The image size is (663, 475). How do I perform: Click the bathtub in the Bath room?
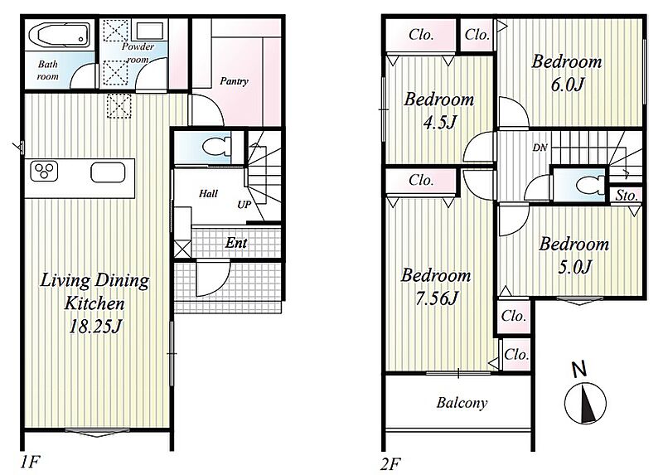pyautogui.click(x=59, y=36)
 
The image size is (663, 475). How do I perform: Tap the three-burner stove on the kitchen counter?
pyautogui.click(x=44, y=171)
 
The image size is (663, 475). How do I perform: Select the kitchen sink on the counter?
pyautogui.click(x=108, y=172)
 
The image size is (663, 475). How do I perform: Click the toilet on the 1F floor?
pyautogui.click(x=216, y=148)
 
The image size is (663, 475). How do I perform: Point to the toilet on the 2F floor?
pyautogui.click(x=591, y=185)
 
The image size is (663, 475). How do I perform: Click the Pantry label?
pyautogui.click(x=234, y=80)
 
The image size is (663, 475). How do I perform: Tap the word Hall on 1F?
pyautogui.click(x=208, y=194)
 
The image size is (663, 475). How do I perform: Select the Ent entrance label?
pyautogui.click(x=236, y=242)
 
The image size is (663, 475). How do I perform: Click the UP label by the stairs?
pyautogui.click(x=244, y=205)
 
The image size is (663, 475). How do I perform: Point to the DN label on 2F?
pyautogui.click(x=540, y=148)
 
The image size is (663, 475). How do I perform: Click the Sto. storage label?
pyautogui.click(x=627, y=196)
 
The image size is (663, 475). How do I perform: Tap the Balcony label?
pyautogui.click(x=462, y=402)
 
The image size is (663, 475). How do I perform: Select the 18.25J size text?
pyautogui.click(x=95, y=326)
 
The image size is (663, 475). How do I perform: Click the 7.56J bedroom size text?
pyautogui.click(x=437, y=298)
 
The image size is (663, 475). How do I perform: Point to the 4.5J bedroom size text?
pyautogui.click(x=440, y=123)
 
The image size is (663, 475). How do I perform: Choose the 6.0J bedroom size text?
pyautogui.click(x=567, y=85)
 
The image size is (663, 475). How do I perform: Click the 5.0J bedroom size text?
pyautogui.click(x=574, y=267)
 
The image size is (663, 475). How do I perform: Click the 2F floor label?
pyautogui.click(x=390, y=464)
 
